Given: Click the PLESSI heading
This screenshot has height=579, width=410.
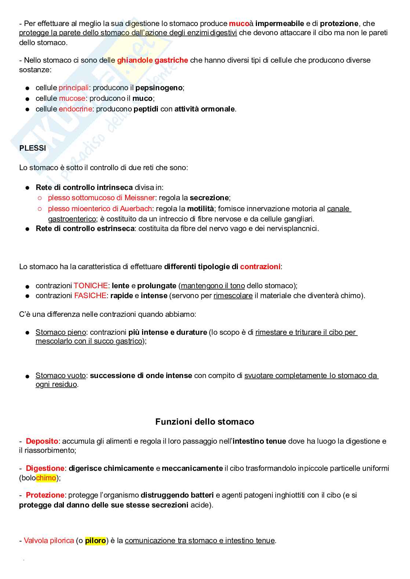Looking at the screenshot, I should click(33, 148).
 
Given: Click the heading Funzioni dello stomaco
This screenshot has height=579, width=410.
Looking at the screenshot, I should click(204, 422).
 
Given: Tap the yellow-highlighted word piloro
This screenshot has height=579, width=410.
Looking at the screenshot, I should click(95, 540).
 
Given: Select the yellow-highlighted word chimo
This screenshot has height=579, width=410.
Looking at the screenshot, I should click(46, 477).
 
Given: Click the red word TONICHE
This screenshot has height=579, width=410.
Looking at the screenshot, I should click(90, 286).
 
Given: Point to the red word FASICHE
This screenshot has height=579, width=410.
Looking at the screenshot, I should click(90, 296).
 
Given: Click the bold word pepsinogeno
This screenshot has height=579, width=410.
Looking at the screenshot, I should click(159, 88).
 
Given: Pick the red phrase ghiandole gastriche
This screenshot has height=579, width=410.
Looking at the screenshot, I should click(152, 60).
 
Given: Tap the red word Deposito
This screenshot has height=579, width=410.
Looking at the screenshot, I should click(42, 441).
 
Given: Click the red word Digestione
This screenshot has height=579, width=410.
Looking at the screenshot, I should click(45, 468).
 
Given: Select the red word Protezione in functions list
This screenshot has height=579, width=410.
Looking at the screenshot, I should click(45, 495).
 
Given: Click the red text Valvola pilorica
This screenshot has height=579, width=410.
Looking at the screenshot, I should click(49, 540).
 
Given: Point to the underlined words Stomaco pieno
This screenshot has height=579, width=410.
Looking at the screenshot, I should click(61, 332).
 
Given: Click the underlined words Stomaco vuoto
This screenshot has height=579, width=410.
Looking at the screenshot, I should click(61, 375).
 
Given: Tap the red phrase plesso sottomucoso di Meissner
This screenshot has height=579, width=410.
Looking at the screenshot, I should click(101, 198).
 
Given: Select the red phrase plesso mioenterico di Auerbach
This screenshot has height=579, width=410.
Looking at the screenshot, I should click(99, 209).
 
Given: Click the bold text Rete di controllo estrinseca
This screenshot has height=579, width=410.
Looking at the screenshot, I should click(85, 228).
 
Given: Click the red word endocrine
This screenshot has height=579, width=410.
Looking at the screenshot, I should click(75, 109).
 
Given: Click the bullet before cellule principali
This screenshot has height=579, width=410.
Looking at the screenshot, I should click(27, 88).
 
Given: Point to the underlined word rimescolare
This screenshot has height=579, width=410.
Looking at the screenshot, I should click(233, 296).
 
